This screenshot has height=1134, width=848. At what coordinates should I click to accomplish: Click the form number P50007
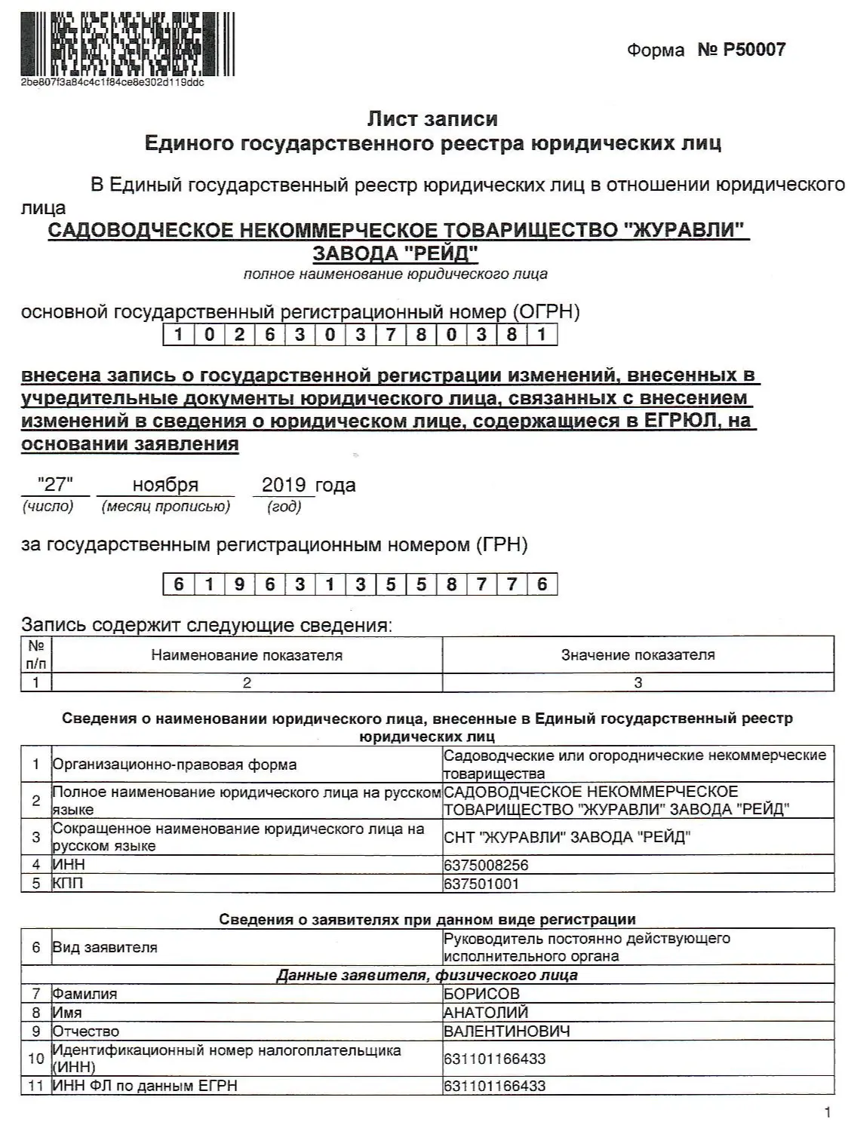(x=742, y=50)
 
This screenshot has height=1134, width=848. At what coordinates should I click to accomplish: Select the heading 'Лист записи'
(x=432, y=119)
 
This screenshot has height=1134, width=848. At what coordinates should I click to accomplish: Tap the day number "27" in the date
(x=55, y=485)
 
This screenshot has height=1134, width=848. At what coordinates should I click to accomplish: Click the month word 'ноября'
(x=165, y=485)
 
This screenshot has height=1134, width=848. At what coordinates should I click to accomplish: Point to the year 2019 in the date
(x=283, y=485)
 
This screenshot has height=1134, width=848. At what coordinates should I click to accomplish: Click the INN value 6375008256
(x=486, y=865)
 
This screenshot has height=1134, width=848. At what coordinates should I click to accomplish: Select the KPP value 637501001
(x=481, y=884)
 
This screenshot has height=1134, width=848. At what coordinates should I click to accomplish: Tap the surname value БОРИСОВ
(x=481, y=994)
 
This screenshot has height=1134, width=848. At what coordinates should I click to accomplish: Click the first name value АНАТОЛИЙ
(x=486, y=1013)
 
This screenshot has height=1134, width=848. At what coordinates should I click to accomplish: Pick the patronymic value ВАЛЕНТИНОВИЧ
(x=506, y=1031)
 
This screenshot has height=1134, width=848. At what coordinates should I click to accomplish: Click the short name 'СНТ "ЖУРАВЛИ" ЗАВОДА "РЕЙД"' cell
(x=567, y=837)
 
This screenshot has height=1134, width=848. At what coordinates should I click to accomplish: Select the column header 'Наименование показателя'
(x=247, y=655)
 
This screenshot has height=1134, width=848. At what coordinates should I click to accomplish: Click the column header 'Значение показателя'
(x=638, y=655)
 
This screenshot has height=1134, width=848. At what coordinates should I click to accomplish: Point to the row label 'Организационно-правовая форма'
(x=174, y=765)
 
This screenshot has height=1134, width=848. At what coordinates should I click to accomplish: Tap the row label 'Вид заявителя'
(x=105, y=948)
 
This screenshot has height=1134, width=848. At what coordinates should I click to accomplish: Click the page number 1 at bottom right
(x=828, y=1112)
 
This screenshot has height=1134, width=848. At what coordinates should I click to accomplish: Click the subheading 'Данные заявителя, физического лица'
(x=427, y=975)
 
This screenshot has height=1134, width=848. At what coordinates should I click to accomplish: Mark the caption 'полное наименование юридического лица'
(x=395, y=274)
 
